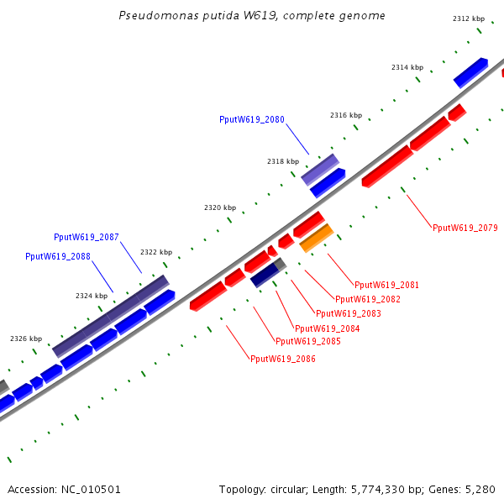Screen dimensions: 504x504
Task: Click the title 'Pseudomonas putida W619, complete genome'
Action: [x=252, y=15]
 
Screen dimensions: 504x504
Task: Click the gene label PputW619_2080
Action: [x=252, y=120]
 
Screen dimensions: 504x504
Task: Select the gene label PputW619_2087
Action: [x=87, y=238]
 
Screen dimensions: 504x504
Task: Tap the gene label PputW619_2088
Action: [x=58, y=257]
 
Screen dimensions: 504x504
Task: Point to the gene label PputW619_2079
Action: [x=465, y=228]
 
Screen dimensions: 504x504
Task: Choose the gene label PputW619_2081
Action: [x=386, y=286]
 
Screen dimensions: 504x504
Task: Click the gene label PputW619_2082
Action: [x=368, y=299]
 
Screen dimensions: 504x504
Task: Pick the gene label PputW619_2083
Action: [x=349, y=313]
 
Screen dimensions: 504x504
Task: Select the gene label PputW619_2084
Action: [x=327, y=328]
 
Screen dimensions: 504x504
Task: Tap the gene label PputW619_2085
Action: [x=308, y=342]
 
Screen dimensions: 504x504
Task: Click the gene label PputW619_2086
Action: [x=283, y=359]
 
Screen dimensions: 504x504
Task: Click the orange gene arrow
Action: [x=317, y=239]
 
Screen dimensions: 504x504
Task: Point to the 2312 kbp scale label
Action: [x=469, y=18]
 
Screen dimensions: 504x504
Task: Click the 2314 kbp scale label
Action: [x=407, y=67]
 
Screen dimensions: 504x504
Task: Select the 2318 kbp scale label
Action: [x=283, y=161]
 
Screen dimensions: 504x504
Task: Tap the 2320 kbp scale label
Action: [x=220, y=207]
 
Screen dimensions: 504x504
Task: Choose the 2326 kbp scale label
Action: [x=26, y=339]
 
